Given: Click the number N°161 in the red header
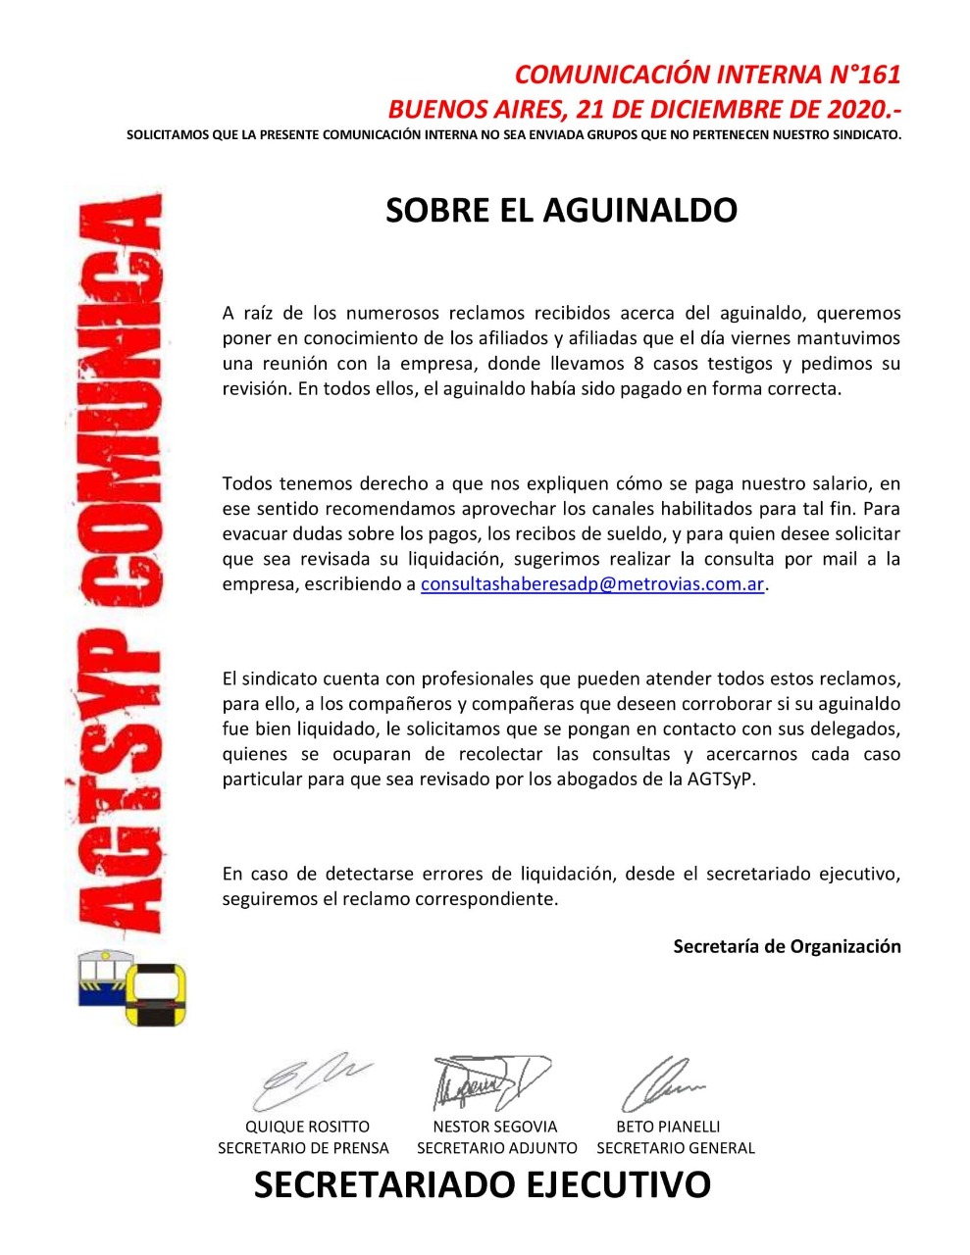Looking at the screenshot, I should click(858, 75).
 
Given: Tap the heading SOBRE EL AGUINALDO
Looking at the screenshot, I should click(560, 211).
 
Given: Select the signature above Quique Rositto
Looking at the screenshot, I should click(307, 1080).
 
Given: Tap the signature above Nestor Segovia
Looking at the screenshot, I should click(489, 1081).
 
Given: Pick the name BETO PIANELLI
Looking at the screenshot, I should click(668, 1127).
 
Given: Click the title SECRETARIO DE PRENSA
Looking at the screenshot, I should click(303, 1148).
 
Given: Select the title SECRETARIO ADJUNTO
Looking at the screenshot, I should click(497, 1148).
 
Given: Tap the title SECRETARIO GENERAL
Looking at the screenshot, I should click(676, 1148).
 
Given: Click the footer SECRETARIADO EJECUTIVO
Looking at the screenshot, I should click(482, 1185).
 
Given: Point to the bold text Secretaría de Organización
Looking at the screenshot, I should click(787, 946).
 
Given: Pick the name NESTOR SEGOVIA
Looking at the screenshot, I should click(494, 1127).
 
